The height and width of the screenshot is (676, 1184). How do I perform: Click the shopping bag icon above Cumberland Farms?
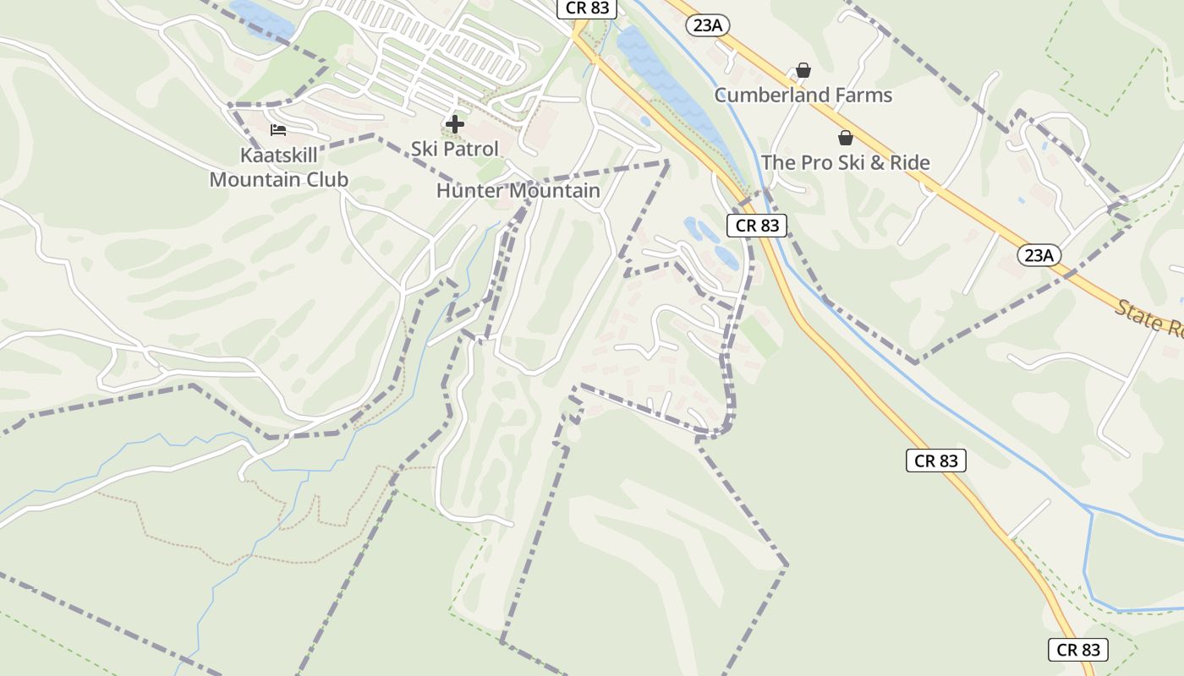click(x=803, y=70)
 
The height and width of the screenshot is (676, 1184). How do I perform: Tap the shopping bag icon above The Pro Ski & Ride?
click(x=845, y=138)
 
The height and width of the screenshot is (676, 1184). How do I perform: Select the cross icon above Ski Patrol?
click(x=455, y=124)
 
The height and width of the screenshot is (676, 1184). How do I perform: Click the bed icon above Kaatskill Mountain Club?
click(x=277, y=130)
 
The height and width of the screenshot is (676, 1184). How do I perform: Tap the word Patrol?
click(x=470, y=149)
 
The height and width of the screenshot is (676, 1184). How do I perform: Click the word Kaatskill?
click(x=279, y=155)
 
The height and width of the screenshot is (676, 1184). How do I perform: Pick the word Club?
click(x=325, y=179)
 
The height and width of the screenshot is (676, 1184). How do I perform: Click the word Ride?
click(x=907, y=162)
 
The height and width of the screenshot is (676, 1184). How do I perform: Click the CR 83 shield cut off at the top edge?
click(x=587, y=8)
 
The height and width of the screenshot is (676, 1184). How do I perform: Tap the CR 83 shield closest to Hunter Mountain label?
click(x=757, y=225)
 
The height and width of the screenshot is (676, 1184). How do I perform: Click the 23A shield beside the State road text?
click(x=1039, y=254)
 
